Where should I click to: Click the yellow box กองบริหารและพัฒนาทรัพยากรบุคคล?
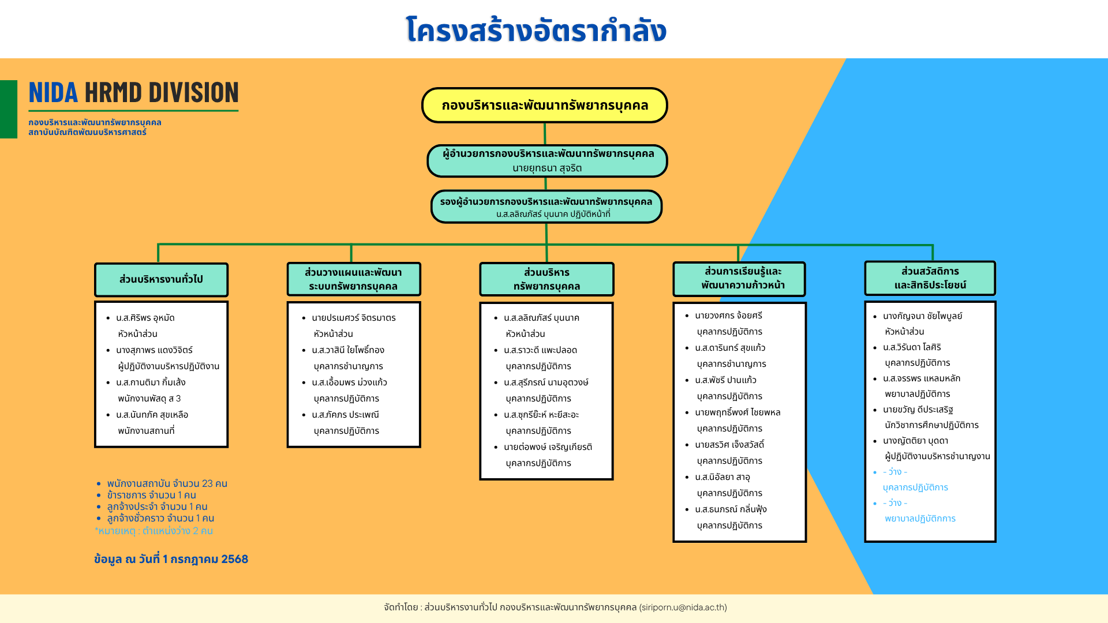[x=544, y=105]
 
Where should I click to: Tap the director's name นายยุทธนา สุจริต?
[x=547, y=168]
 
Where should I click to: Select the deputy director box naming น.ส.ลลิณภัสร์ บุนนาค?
[x=546, y=207]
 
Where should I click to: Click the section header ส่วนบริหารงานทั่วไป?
[x=161, y=280]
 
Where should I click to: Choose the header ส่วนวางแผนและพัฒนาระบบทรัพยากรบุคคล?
[x=354, y=279]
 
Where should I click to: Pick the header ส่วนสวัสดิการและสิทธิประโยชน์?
[x=930, y=278]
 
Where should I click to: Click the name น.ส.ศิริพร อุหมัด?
[x=145, y=318]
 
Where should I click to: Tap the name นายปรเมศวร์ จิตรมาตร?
[x=354, y=318]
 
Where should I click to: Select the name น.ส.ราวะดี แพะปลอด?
[x=540, y=350]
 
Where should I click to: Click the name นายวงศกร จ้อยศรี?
[x=728, y=316]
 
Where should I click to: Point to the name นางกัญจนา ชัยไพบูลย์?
[x=922, y=316]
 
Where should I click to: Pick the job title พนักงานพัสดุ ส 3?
[x=149, y=399]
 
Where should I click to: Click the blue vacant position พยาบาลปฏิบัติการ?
[x=920, y=519]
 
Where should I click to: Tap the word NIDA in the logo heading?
[x=53, y=92]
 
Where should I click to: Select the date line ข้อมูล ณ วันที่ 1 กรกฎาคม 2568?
[x=171, y=559]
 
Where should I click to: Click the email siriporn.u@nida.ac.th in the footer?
[x=683, y=607]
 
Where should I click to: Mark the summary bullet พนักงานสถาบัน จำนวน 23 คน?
[x=167, y=483]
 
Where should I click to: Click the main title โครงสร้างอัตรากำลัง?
[x=536, y=30]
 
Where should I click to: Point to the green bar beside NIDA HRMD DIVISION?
[x=9, y=109]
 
